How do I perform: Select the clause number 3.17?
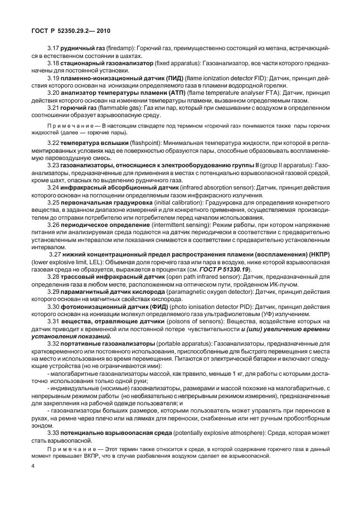pyautogui.click(x=54, y=50)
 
